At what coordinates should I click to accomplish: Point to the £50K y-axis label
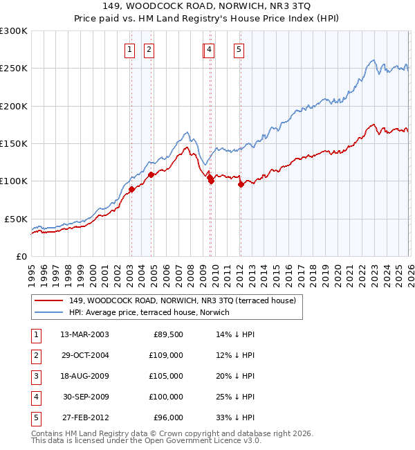pyautogui.click(x=16, y=219)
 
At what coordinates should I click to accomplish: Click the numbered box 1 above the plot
pyautogui.click(x=130, y=49)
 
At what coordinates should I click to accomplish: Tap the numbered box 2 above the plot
pyautogui.click(x=149, y=49)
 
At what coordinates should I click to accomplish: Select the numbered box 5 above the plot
pyautogui.click(x=239, y=49)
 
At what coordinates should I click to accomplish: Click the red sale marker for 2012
pyautogui.click(x=241, y=184)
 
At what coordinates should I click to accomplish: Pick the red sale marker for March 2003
pyautogui.click(x=131, y=189)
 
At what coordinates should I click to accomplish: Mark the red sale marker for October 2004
pyautogui.click(x=151, y=174)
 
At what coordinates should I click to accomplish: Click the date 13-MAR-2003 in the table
pyautogui.click(x=84, y=334)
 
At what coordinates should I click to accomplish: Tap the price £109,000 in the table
pyautogui.click(x=167, y=355)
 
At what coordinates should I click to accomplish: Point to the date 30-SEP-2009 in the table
pyautogui.click(x=84, y=397)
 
